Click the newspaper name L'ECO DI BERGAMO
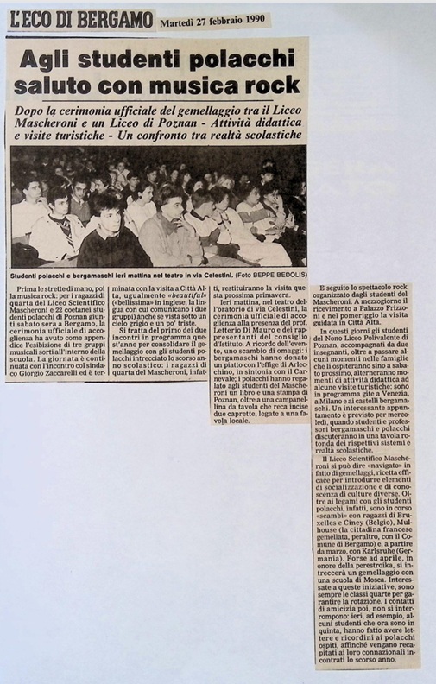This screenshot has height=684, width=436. click(x=79, y=20)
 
